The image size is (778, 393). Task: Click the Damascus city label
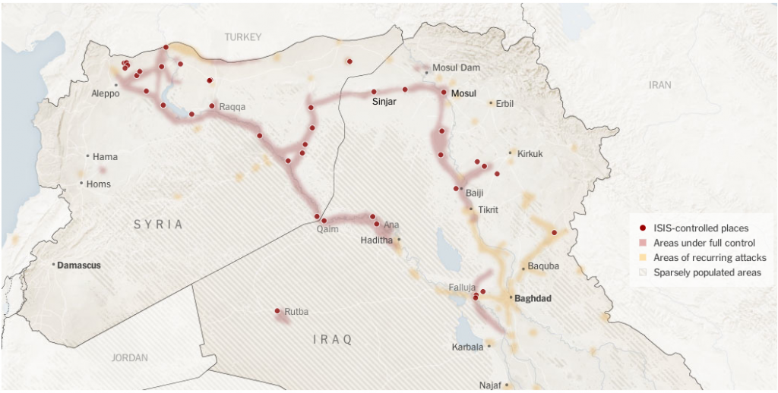79,266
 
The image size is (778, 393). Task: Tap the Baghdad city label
533,299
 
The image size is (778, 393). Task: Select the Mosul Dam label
456,68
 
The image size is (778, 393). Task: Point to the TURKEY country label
242,37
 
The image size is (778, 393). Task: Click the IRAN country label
659,85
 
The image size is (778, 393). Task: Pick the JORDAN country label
130,357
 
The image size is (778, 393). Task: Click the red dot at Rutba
277,310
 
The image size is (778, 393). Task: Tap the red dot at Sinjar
374,92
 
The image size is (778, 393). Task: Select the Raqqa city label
232,107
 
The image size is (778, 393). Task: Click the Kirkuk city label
530,154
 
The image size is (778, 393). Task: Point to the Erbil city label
504,103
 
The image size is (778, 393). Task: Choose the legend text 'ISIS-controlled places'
701,228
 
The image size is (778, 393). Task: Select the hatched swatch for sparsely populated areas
643,272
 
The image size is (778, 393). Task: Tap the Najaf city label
490,385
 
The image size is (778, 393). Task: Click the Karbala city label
467,347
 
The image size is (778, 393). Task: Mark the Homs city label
98,184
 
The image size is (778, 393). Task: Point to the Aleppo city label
105,94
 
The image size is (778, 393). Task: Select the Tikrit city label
488,209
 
